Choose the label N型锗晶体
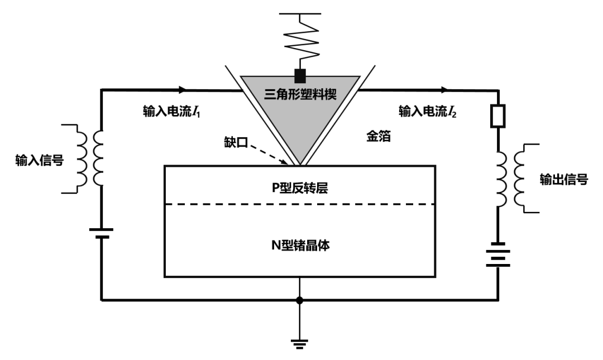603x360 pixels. coord(300,244)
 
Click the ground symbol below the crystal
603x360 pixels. coord(300,342)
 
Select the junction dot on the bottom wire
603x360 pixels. coord(300,300)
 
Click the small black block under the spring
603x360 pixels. coord(300,75)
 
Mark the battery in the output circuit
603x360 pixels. coord(498,255)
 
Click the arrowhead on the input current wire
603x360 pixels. coord(181,89)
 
